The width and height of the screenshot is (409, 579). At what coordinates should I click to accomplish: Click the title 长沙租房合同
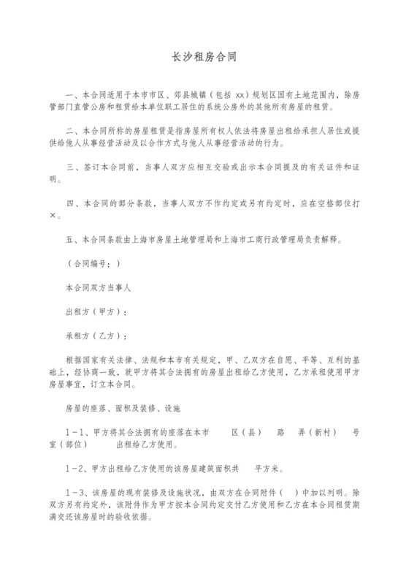click(204, 56)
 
